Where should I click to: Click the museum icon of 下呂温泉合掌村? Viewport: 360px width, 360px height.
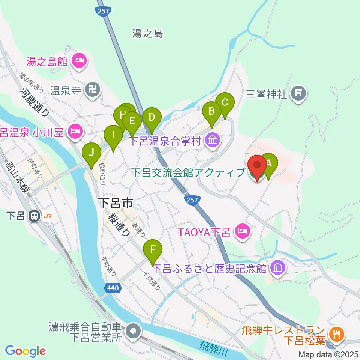coord(213,141)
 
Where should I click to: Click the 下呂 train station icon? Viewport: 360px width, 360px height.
coord(34,216)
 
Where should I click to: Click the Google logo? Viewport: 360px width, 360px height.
coord(25,351)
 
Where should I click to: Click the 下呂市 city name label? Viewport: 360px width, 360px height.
coord(117,204)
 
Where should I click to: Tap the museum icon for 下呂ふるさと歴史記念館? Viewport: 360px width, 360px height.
coord(278,268)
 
